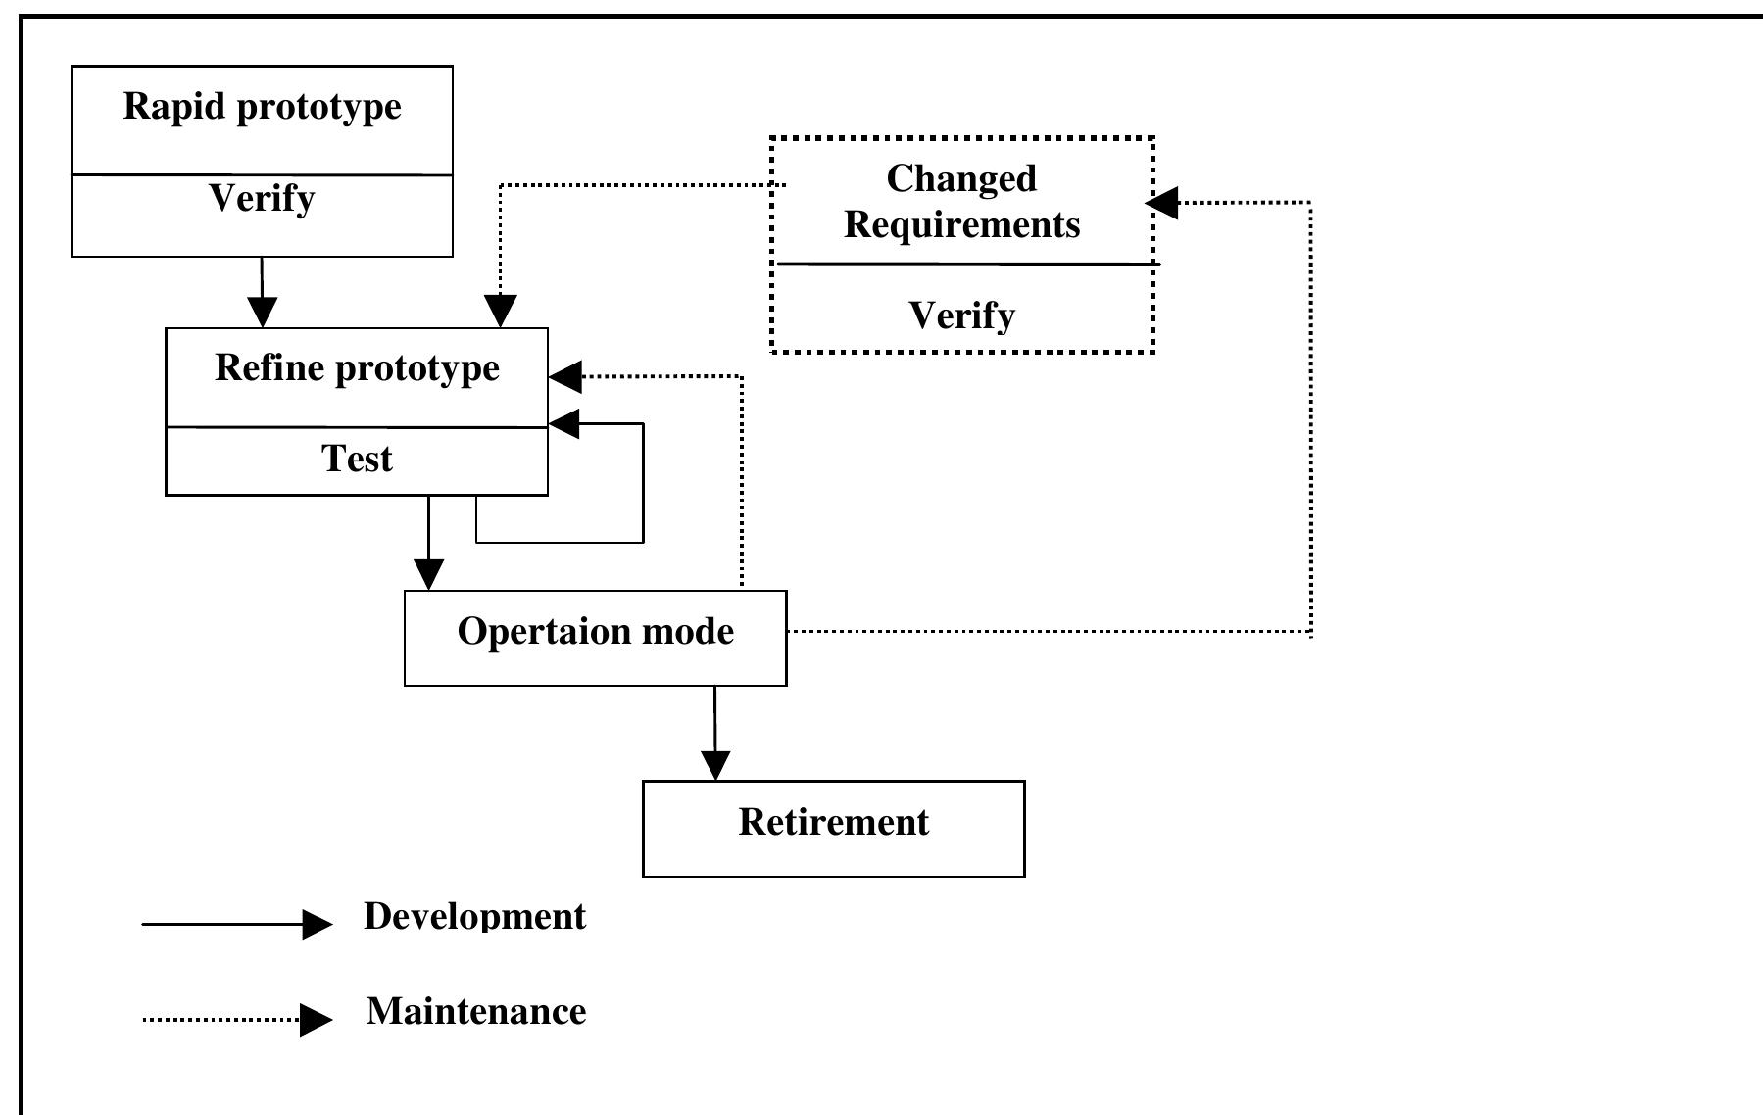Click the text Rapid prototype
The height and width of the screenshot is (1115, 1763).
pos(262,106)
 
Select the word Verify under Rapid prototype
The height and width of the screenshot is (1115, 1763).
pos(262,199)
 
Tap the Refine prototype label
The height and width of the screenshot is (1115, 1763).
pos(357,367)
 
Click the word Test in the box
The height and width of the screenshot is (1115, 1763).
pos(357,459)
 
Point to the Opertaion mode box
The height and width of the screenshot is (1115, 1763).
pos(595,637)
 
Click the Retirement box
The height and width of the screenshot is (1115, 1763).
pos(833,828)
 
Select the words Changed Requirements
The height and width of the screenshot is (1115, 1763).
pos(961,202)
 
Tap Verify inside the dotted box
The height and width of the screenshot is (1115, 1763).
pos(961,315)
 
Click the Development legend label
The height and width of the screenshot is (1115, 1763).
pos(474,916)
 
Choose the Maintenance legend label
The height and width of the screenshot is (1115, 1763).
pos(475,1011)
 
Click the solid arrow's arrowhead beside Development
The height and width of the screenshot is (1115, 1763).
pos(318,924)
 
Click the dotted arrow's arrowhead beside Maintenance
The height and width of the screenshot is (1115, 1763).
pos(316,1020)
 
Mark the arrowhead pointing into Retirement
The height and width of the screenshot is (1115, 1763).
pos(715,765)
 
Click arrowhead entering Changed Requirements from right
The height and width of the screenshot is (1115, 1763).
pos(1162,203)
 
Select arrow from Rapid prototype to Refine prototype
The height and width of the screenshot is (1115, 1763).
pos(262,294)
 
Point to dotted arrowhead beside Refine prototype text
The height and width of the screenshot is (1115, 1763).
pos(565,376)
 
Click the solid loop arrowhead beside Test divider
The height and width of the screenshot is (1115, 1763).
pos(563,424)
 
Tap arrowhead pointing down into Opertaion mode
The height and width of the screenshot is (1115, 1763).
pos(428,574)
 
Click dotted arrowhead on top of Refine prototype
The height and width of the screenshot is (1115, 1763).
pos(500,312)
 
